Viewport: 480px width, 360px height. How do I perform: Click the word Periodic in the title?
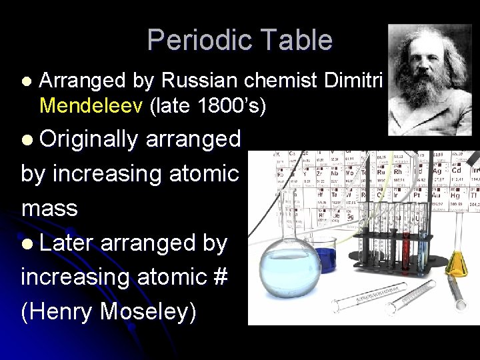point(196,41)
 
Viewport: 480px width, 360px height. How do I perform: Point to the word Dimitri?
point(351,81)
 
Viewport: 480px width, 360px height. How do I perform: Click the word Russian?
point(199,81)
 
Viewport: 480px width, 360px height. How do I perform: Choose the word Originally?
point(89,139)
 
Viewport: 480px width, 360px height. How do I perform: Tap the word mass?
point(49,208)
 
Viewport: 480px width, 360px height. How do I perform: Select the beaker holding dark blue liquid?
point(325,256)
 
